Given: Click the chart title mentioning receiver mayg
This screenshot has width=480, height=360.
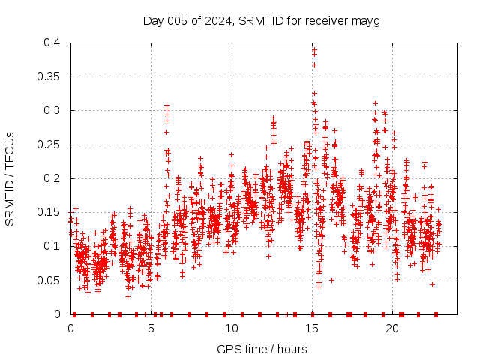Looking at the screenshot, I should [x=261, y=21].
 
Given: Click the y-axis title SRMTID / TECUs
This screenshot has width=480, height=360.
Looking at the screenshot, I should [x=10, y=179].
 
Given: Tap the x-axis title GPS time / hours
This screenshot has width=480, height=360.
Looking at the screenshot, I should [x=262, y=349].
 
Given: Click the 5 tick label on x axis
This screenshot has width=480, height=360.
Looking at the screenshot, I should [x=151, y=328].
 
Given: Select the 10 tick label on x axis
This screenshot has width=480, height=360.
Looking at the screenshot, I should [x=232, y=328].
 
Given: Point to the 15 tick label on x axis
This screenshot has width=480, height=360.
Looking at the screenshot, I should [x=312, y=328].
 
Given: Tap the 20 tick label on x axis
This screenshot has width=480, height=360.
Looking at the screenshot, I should [x=392, y=328].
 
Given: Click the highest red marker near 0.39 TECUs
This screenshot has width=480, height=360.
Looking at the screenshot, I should [x=314, y=49].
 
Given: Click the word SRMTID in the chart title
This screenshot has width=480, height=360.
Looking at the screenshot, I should [x=260, y=21].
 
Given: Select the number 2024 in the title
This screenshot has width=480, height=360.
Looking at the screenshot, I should [x=220, y=21].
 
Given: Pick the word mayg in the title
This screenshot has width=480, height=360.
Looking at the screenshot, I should [x=366, y=21].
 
